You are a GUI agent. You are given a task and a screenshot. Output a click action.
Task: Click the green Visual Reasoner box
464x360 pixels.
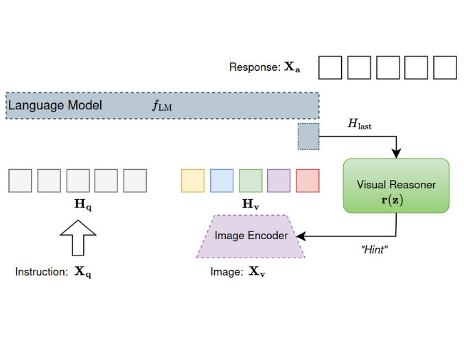[396, 185]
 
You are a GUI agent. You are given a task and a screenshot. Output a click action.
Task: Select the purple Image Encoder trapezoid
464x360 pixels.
[251, 236]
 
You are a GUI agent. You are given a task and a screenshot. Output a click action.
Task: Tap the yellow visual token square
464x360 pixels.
[192, 180]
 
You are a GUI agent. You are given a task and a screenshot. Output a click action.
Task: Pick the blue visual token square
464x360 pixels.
[221, 180]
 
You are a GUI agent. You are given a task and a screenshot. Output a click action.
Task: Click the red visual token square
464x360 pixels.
[308, 180]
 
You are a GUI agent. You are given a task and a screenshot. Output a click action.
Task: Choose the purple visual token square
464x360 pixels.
[279, 180]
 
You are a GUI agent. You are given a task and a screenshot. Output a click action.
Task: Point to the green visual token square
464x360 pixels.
[250, 180]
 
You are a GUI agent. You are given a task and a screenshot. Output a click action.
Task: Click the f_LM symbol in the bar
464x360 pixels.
[163, 106]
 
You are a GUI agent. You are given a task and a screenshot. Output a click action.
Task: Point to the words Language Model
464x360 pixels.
[55, 106]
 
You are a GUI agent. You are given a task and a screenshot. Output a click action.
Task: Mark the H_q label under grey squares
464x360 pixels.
[77, 205]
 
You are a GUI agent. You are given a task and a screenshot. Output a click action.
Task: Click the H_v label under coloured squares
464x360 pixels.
[251, 205]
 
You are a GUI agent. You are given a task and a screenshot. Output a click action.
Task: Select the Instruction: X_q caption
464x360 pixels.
[54, 272]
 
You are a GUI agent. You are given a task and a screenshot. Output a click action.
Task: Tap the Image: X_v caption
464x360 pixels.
[237, 272]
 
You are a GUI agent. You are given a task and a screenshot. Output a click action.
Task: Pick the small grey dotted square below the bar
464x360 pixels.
[308, 136]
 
